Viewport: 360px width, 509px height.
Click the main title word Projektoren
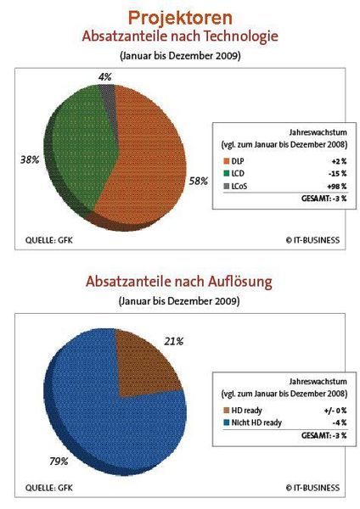pyautogui.click(x=179, y=17)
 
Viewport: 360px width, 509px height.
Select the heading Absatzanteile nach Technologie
pyautogui.click(x=179, y=37)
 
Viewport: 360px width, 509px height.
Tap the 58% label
pyautogui.click(x=199, y=181)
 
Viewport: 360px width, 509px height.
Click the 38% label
pyautogui.click(x=29, y=159)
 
